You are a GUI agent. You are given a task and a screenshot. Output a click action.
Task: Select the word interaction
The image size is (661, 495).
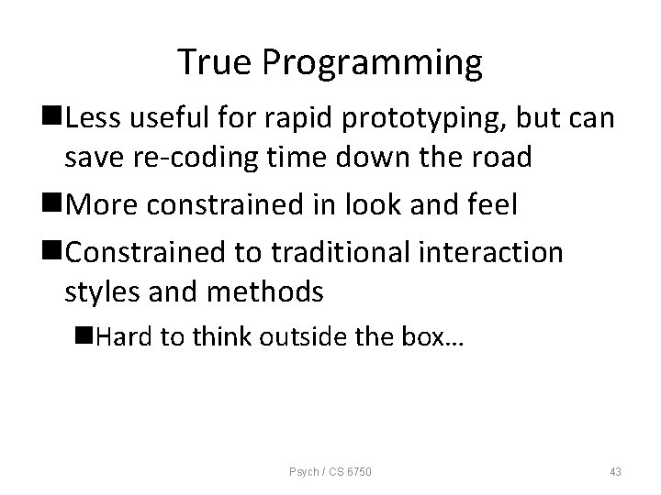tap(493, 250)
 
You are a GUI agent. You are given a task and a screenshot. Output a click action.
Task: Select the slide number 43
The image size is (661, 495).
tap(614, 471)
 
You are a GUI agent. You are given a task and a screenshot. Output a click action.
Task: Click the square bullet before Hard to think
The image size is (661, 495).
tap(84, 336)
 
